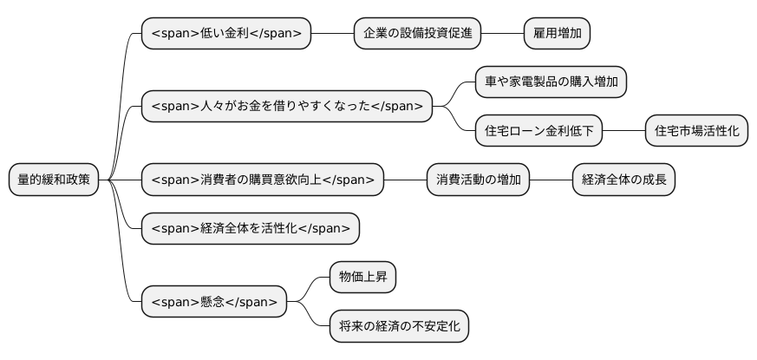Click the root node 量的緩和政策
(53, 180)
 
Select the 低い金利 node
(225, 33)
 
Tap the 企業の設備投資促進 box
(417, 33)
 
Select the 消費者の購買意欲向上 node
(262, 180)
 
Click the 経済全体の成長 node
(623, 180)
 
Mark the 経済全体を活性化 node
(250, 228)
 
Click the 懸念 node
(213, 301)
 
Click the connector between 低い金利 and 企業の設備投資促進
(332, 33)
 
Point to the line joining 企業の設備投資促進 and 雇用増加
(502, 33)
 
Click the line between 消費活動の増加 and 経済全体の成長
(551, 180)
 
